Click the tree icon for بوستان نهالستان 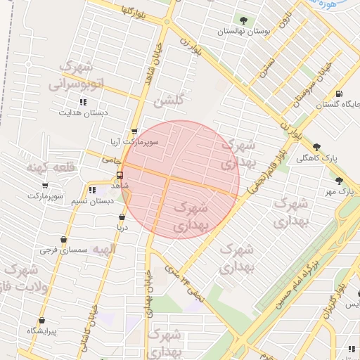[243, 20]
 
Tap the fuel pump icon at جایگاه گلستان [340, 94]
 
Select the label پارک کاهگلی [316, 158]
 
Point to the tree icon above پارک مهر [340, 181]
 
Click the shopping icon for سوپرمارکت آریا [134, 131]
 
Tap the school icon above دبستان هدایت [83, 102]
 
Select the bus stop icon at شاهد [120, 174]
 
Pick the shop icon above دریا [122, 217]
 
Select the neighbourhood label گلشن [172, 101]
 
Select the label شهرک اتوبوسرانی [77, 76]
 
